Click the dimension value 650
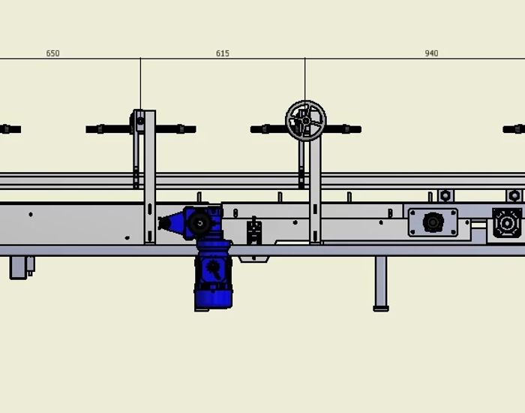click(x=52, y=53)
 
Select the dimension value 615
click(x=222, y=53)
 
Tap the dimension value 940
click(x=431, y=53)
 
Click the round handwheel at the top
click(x=305, y=120)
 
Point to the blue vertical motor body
click(x=213, y=282)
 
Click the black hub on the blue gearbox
click(x=200, y=222)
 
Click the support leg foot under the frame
click(x=381, y=306)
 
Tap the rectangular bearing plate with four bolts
click(x=433, y=222)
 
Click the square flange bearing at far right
click(x=507, y=223)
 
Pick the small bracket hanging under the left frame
click(x=20, y=267)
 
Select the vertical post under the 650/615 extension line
click(x=150, y=180)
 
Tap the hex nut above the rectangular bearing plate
click(x=445, y=196)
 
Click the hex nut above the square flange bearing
click(x=514, y=196)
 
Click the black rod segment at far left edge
click(x=10, y=129)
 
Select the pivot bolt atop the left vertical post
click(x=140, y=120)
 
